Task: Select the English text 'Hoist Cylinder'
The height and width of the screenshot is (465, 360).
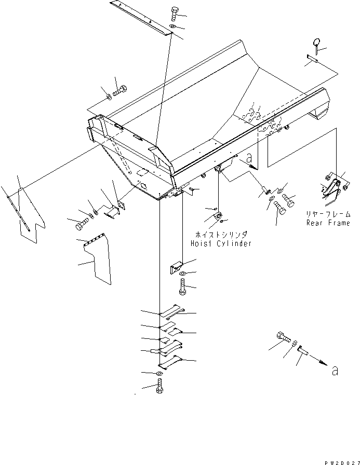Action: pos(221,243)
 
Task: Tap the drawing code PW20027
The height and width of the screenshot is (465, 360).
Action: pos(341,459)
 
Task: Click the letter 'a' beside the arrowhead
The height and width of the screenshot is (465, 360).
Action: pos(335,371)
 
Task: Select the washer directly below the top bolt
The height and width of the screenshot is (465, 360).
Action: pos(173,27)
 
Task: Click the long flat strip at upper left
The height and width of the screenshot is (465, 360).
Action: pos(140,18)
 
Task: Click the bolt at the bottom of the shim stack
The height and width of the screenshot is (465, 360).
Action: pos(159,387)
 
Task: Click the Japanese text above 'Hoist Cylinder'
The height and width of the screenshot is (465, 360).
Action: pos(220,234)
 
